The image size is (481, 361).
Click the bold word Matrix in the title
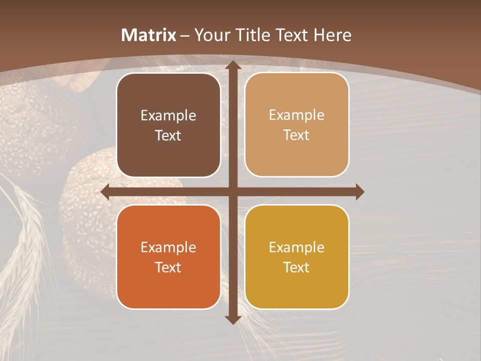pyautogui.click(x=149, y=35)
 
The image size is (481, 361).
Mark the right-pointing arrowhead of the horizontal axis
pyautogui.click(x=359, y=192)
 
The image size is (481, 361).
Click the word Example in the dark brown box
pyautogui.click(x=168, y=116)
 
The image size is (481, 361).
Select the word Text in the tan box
pyautogui.click(x=297, y=135)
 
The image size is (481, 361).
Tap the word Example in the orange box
pyautogui.click(x=168, y=248)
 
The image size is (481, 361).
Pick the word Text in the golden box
pyautogui.click(x=297, y=267)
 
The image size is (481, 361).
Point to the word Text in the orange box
pyautogui.click(x=168, y=267)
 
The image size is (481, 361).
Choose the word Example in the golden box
pyautogui.click(x=297, y=248)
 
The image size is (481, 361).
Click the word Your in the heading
pyautogui.click(x=210, y=35)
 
